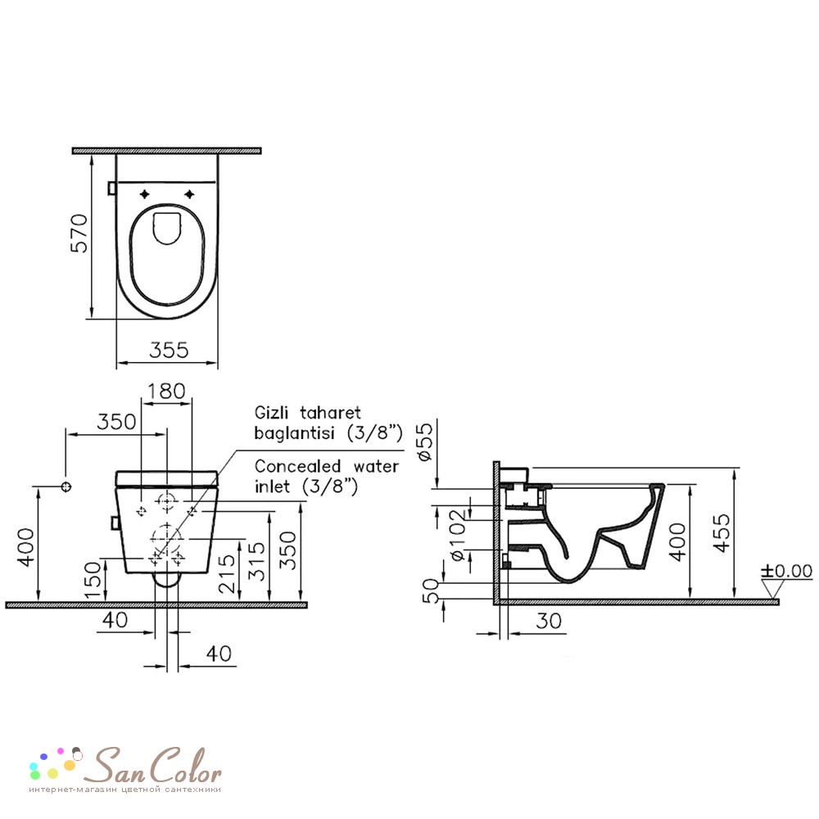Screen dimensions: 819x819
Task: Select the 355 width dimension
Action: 169,350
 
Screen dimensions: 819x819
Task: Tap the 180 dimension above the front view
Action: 166,391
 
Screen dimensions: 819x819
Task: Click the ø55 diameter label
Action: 425,441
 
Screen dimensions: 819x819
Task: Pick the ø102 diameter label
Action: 456,535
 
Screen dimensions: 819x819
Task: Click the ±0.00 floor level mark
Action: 786,571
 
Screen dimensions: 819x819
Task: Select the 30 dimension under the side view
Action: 549,621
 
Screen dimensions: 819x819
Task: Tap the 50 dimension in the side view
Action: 432,590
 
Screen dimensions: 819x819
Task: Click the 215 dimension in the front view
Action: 227,573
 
